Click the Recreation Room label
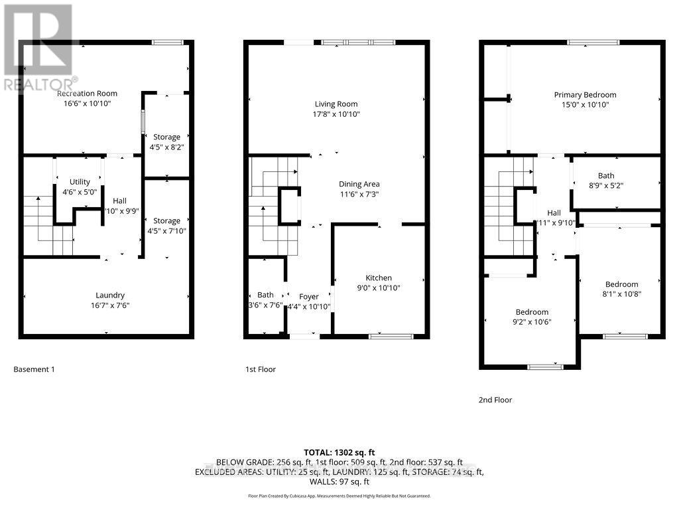tap(87, 94)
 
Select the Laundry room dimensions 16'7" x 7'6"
tap(110, 305)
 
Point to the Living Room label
tap(336, 104)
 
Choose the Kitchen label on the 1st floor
tap(379, 278)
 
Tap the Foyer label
tap(309, 296)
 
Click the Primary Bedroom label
tap(585, 95)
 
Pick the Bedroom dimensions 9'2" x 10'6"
tap(532, 322)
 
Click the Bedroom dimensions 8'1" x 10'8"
tap(621, 294)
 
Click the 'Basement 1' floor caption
tap(34, 369)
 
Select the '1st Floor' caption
tap(260, 369)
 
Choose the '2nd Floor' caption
tap(495, 400)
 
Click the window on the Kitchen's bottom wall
tap(387, 337)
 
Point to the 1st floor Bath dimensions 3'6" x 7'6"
tap(265, 305)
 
